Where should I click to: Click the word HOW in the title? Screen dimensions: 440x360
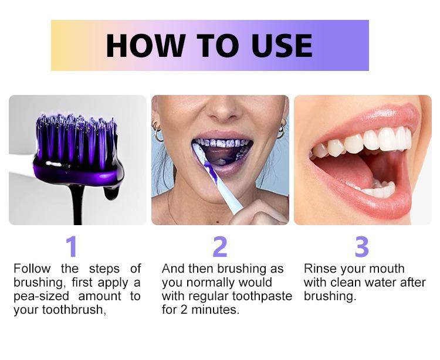point(145,46)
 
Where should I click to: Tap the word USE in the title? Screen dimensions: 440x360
point(282,46)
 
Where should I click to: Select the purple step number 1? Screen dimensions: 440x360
point(72,246)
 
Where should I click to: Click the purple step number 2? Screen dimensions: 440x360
point(220,246)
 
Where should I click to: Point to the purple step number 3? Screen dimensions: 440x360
point(362,246)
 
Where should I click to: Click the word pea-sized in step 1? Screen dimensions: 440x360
point(41,296)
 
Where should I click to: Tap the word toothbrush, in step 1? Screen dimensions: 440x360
point(75,310)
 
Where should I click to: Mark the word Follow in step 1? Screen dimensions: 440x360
point(32,269)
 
